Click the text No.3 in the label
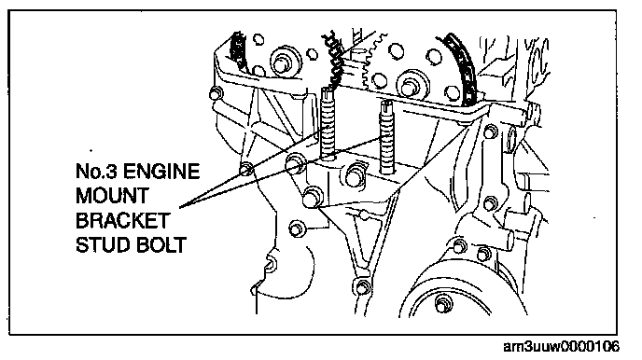coord(97,171)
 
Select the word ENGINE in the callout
coord(161,171)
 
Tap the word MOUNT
coord(112,196)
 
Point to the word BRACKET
coord(123,220)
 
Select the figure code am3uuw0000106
coord(562,347)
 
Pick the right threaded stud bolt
coord(387,137)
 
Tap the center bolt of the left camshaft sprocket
coord(282,62)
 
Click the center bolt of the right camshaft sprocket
coord(410,87)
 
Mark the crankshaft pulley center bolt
coord(441,304)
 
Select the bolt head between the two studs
coord(356,176)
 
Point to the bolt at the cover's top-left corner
coord(216,94)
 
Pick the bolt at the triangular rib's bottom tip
coord(362,286)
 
